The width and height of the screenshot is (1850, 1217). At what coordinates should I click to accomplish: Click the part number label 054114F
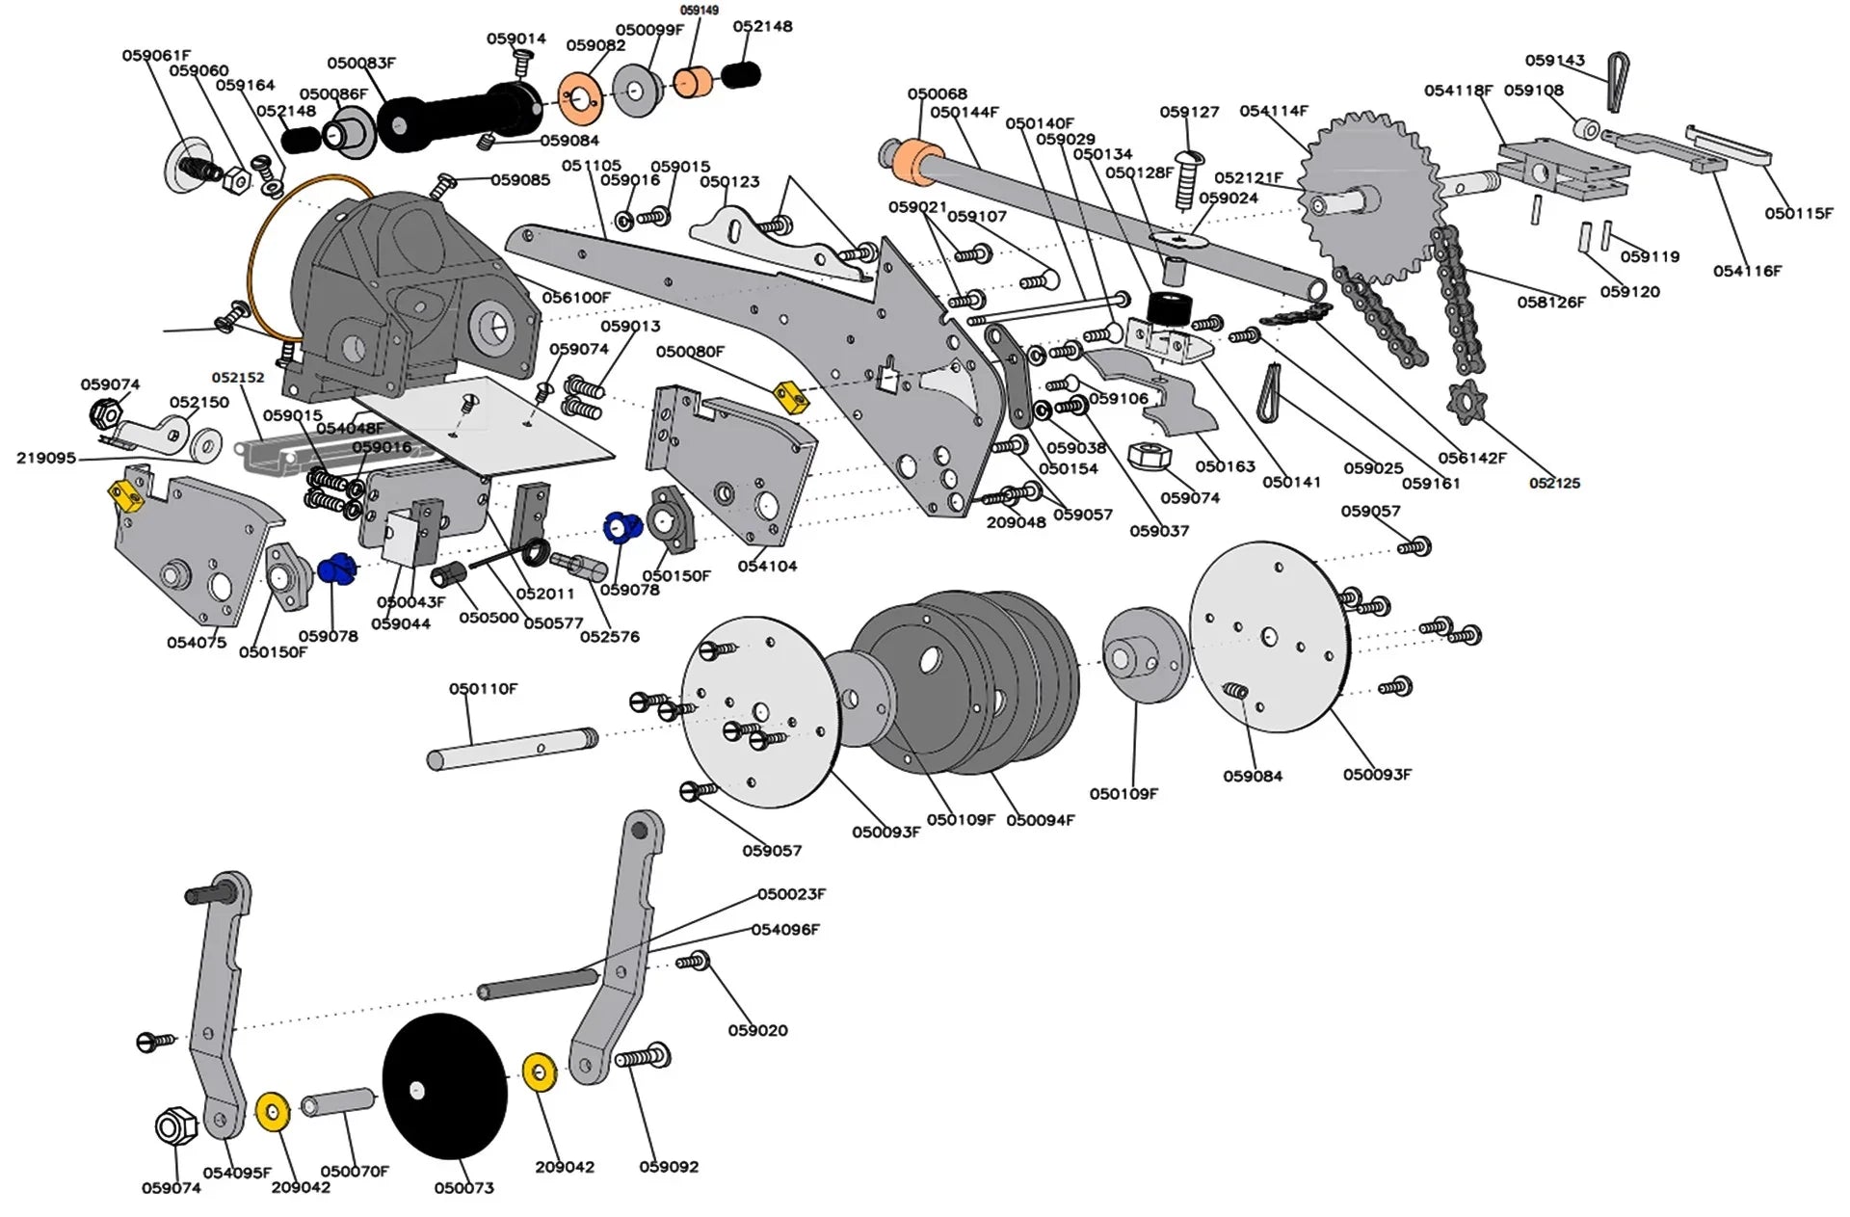pos(1273,111)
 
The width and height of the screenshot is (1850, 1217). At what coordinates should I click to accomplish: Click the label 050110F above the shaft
pos(483,689)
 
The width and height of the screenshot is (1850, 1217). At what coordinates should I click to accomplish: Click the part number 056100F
pos(575,298)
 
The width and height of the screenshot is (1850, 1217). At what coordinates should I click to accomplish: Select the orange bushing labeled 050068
pos(916,159)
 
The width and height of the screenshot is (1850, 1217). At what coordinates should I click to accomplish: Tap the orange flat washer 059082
pos(579,98)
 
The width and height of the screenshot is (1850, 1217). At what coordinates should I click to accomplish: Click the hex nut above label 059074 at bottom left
pos(175,1125)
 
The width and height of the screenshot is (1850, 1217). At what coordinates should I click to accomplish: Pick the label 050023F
pos(790,894)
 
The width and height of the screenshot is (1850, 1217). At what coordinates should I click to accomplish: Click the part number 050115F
pos(1798,213)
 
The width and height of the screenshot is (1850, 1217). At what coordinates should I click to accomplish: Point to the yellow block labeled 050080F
pos(789,394)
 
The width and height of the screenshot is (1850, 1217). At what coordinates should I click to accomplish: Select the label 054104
pos(767,567)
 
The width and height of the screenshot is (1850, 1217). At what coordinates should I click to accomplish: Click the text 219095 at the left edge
pos(45,458)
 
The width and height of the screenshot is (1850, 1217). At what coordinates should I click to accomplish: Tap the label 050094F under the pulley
pos(1040,820)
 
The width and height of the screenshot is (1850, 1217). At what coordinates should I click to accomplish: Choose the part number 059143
pos(1554,60)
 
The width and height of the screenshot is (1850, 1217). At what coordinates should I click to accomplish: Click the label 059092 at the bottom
pos(669,1167)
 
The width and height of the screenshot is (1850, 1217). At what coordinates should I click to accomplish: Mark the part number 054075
pos(197,643)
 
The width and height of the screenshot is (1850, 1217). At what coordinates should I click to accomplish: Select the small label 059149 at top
pos(699,11)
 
